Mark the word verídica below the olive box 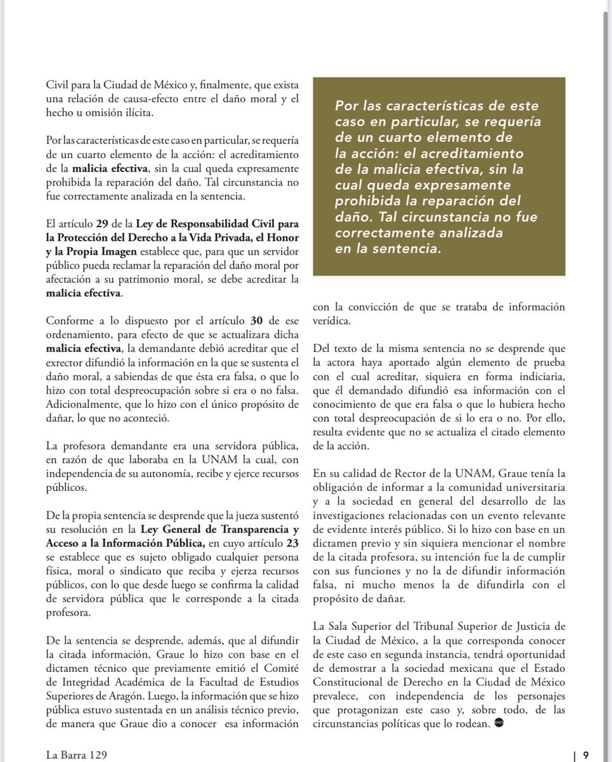point(333,321)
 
